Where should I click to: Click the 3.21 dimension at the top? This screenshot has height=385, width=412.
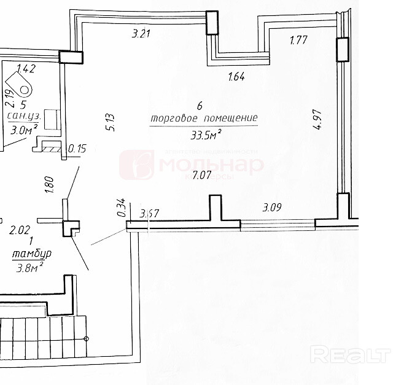[142, 34]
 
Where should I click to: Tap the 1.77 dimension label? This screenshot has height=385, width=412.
[298, 41]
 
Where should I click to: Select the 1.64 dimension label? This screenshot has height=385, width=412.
[237, 77]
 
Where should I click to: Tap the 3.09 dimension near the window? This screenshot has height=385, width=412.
[272, 207]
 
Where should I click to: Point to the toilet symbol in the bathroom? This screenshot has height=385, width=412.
[23, 86]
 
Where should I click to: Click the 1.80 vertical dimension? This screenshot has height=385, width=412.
[50, 184]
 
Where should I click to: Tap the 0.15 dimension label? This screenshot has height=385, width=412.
[78, 148]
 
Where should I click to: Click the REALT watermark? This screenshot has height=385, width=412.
[351, 354]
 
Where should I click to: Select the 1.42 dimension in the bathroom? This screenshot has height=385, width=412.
[26, 68]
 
